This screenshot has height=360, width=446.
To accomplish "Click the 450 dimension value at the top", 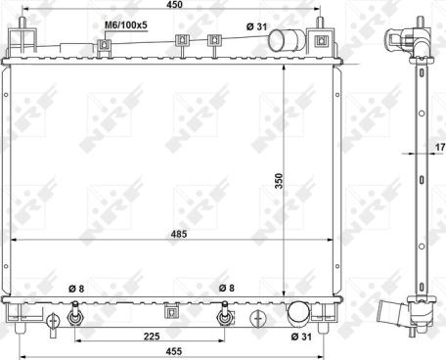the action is click(x=174, y=4).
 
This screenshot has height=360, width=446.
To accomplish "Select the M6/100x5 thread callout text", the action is click(x=126, y=25).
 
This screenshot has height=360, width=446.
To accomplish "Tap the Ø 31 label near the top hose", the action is click(x=256, y=26).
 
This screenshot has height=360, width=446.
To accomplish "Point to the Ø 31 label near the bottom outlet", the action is click(x=301, y=337).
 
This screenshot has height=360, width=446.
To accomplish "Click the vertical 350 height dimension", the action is click(x=279, y=181).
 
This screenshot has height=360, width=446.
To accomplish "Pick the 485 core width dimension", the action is click(x=179, y=234).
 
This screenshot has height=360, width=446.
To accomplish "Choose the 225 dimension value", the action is click(x=152, y=336).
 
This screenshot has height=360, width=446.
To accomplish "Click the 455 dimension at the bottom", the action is click(x=174, y=351).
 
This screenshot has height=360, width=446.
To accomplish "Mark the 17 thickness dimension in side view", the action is click(x=440, y=147).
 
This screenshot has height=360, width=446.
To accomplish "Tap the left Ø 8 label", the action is click(x=76, y=289).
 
